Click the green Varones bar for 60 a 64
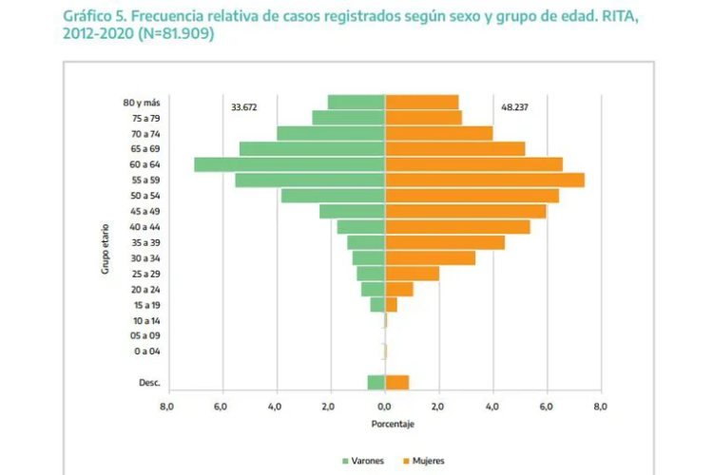click(x=290, y=164)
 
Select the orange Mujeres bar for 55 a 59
click(x=484, y=180)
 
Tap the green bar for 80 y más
click(x=356, y=102)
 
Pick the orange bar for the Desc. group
click(x=396, y=382)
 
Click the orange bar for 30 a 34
click(x=430, y=257)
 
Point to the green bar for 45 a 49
click(x=352, y=211)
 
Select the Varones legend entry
click(x=365, y=461)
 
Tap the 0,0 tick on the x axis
click(x=385, y=406)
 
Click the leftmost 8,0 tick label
click(x=166, y=406)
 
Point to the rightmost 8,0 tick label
click(x=600, y=406)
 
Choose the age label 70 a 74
click(x=145, y=134)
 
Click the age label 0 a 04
click(x=146, y=351)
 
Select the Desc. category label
click(x=148, y=383)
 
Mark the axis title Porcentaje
click(x=384, y=424)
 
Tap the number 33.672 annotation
click(x=244, y=107)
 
